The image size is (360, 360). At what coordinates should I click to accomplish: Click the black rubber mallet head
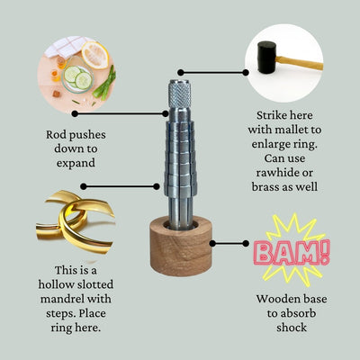point(266,58)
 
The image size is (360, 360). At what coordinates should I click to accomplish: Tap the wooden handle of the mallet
point(300,63)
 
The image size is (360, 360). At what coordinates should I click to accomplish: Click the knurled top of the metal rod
point(179,94)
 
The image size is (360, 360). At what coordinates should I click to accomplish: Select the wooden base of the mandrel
point(181,246)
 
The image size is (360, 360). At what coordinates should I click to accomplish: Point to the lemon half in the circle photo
point(95,55)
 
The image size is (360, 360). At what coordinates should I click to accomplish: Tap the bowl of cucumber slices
point(77,77)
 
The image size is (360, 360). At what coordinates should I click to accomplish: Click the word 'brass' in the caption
point(265,187)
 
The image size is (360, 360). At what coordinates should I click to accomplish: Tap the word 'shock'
point(292,328)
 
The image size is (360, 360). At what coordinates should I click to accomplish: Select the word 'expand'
point(76,164)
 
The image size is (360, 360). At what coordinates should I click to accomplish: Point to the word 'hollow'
point(55,284)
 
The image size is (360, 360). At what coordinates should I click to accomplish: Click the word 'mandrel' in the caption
point(58,299)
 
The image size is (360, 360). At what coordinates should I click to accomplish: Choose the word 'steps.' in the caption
point(61,314)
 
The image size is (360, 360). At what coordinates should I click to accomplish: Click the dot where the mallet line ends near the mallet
point(246,72)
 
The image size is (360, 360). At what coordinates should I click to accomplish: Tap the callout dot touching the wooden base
point(212,243)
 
